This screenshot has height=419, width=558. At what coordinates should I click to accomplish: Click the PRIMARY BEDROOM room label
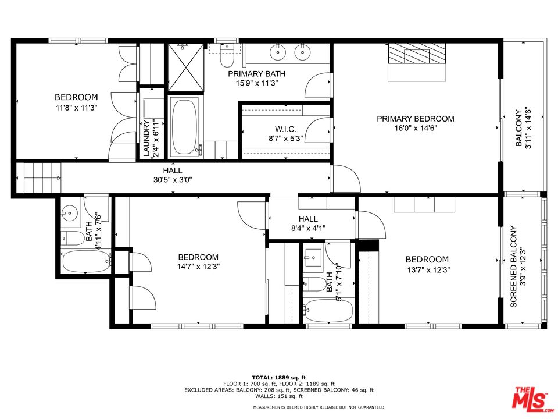415,119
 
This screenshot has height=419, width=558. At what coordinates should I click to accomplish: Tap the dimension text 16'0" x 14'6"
415,128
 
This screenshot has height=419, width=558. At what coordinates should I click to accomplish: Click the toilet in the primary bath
226,57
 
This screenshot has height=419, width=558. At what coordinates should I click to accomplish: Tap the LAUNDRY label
146,138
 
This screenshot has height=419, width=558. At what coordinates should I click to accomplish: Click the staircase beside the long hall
38,177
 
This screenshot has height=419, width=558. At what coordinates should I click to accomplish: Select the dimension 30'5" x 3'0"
173,180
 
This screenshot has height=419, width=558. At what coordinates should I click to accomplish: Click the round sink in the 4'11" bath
70,214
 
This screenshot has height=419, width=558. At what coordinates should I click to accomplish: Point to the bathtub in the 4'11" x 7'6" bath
85,262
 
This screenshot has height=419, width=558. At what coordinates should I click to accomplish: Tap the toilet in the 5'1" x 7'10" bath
316,284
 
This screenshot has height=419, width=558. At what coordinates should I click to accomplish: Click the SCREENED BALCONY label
514,267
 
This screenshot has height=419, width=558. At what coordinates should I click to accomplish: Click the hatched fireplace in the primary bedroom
417,56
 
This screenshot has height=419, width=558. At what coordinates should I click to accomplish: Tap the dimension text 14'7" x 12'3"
198,267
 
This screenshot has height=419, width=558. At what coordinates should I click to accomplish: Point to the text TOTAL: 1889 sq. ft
278,377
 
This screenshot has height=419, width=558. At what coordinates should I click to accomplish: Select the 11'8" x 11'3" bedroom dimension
76,107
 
